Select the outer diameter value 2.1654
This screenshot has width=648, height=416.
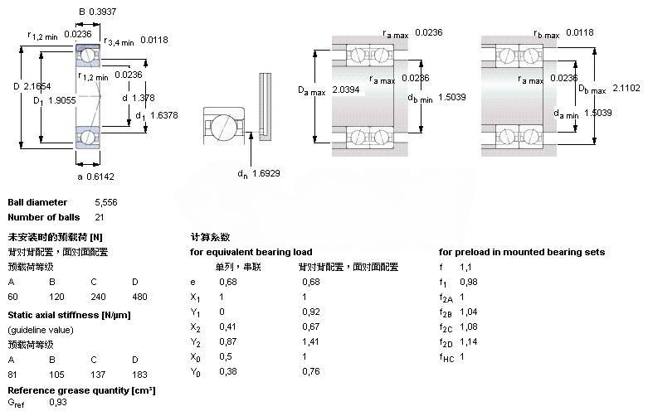[x=38, y=85]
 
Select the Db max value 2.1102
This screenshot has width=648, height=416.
[x=627, y=87]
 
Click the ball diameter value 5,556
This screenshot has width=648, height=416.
[x=106, y=202]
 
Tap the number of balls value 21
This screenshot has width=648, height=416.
[x=100, y=217]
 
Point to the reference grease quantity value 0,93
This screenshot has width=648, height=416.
[x=58, y=402]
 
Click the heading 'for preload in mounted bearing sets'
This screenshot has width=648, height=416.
[x=521, y=252]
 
